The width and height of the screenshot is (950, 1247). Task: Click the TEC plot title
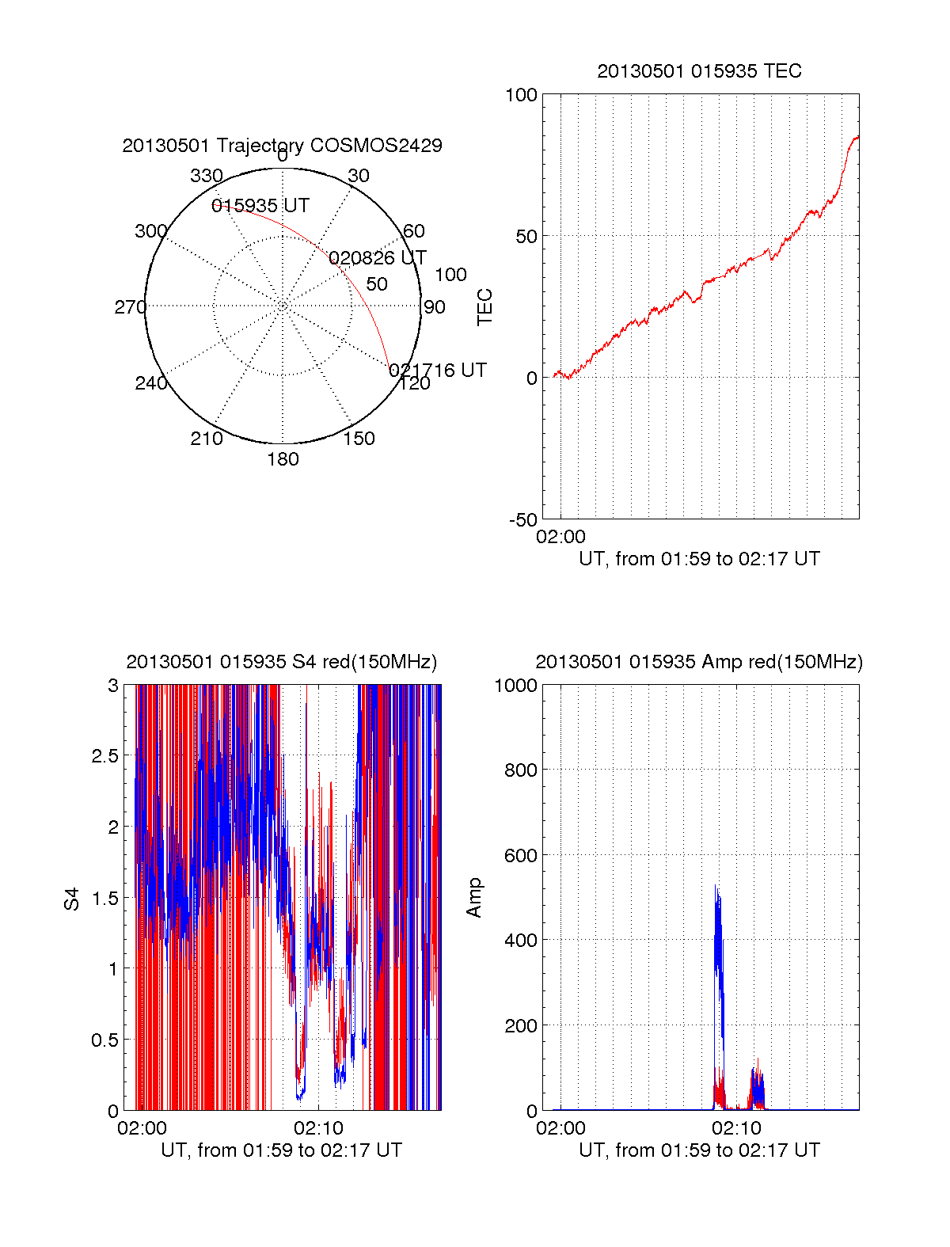[699, 71]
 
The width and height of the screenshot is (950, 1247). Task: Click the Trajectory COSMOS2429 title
[282, 146]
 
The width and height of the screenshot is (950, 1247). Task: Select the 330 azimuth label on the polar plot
[207, 176]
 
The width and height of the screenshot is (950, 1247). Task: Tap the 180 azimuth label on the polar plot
[283, 459]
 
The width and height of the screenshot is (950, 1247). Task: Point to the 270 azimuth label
[130, 307]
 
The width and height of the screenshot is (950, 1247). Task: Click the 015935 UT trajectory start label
[260, 206]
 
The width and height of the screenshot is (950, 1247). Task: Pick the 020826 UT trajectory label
[377, 258]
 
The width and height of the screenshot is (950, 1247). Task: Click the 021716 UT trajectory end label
[438, 371]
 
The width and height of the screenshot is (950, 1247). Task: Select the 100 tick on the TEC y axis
[521, 95]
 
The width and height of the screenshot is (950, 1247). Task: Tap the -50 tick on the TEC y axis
[522, 520]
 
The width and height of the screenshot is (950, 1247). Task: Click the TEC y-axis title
[484, 307]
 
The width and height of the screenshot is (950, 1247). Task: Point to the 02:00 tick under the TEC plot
[560, 537]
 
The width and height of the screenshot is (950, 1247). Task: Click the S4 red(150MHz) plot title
[281, 662]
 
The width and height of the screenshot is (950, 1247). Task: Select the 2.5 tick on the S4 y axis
[104, 756]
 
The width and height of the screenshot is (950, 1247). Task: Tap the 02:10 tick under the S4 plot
[318, 1127]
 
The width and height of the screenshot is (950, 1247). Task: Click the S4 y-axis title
[72, 899]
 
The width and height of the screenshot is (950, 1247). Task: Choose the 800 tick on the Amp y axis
[521, 770]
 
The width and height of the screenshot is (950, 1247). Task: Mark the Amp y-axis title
[474, 898]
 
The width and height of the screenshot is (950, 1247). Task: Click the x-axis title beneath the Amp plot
[699, 1150]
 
